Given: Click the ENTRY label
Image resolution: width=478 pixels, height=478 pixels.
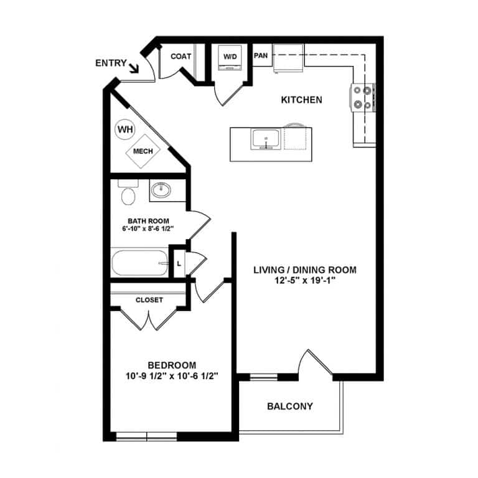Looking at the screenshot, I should (x=111, y=63).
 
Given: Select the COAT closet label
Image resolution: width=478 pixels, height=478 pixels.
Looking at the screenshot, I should (x=180, y=56).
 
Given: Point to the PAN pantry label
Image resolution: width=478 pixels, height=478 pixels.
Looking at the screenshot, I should (x=261, y=55).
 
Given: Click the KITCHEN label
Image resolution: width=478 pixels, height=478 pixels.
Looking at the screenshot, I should (x=301, y=100).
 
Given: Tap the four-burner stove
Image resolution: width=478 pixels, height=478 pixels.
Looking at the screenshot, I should (x=363, y=97).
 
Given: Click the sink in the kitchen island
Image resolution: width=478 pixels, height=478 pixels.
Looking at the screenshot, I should (x=266, y=139).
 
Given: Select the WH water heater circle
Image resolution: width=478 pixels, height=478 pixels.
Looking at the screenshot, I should (x=125, y=130).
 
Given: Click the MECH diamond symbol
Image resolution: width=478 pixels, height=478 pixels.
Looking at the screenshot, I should (x=143, y=151).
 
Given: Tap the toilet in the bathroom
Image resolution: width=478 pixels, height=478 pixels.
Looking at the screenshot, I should (x=129, y=194).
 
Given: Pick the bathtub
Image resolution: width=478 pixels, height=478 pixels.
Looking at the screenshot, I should (x=140, y=263).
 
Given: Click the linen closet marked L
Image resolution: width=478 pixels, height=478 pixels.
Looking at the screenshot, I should (x=179, y=263).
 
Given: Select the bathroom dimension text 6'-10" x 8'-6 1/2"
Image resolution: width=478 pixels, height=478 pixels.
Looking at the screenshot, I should (x=148, y=228).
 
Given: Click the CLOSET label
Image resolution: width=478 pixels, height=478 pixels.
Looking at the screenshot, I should (x=149, y=300).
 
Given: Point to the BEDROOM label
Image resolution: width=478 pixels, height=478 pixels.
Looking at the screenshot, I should (x=172, y=365).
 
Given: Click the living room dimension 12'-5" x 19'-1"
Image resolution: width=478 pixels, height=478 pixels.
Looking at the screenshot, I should (x=304, y=281).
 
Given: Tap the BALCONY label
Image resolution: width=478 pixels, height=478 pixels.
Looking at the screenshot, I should (x=289, y=407).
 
